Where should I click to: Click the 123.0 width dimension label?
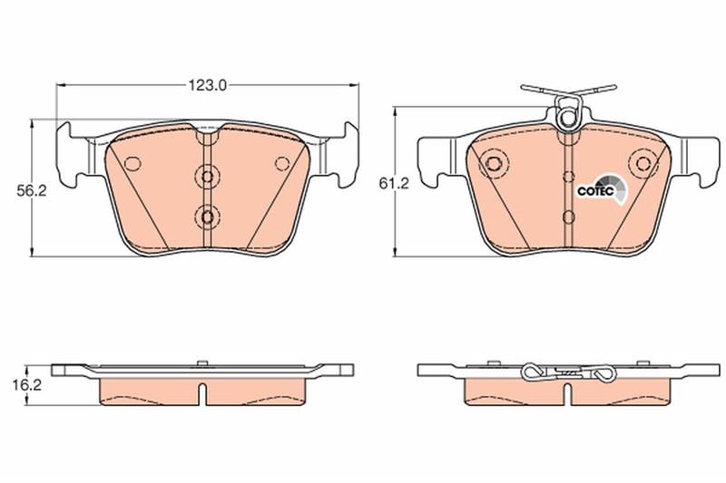[x=207, y=85]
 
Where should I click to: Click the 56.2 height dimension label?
[x=32, y=191]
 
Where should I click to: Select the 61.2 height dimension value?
[x=394, y=184]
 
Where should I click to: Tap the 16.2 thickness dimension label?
[x=26, y=385]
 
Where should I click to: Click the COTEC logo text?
[x=595, y=191]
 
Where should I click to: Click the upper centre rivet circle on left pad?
[x=208, y=176]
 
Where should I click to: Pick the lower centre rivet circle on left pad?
[x=208, y=217]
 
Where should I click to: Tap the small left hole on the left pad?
[x=132, y=164]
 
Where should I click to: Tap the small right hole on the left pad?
[x=282, y=164]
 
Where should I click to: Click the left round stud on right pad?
[x=493, y=163]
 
